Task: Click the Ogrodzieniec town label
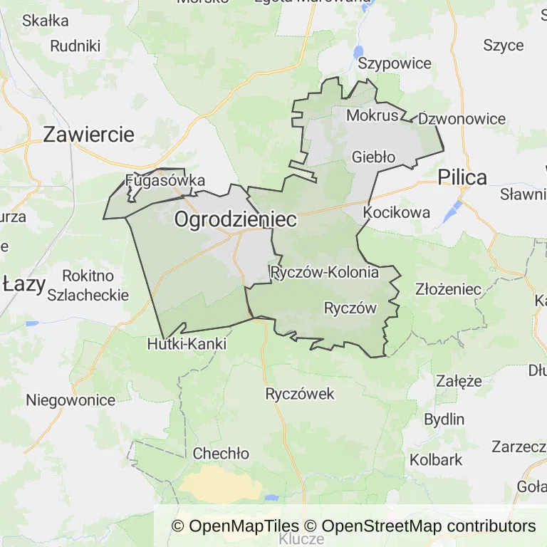pyautogui.click(x=235, y=220)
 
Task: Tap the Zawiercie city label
pyautogui.click(x=88, y=135)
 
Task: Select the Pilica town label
pyautogui.click(x=462, y=177)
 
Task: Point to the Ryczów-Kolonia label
pyautogui.click(x=325, y=272)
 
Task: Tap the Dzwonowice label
pyautogui.click(x=462, y=119)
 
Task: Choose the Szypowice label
pyautogui.click(x=395, y=63)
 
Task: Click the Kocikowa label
pyautogui.click(x=397, y=212)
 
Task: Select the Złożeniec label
pyautogui.click(x=449, y=289)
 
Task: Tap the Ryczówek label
pyautogui.click(x=299, y=394)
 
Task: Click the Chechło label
pyautogui.click(x=221, y=454)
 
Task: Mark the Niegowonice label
pyautogui.click(x=71, y=400)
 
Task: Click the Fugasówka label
pyautogui.click(x=165, y=180)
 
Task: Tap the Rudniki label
pyautogui.click(x=75, y=46)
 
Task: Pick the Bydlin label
pyautogui.click(x=444, y=419)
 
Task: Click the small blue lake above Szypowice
pyautogui.click(x=358, y=51)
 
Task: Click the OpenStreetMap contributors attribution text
pyautogui.click(x=429, y=526)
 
